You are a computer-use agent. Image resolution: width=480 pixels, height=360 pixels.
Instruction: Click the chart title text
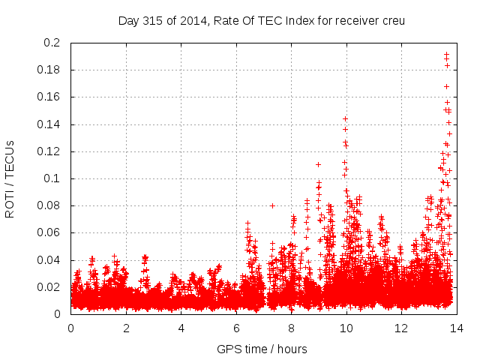pyautogui.click(x=261, y=20)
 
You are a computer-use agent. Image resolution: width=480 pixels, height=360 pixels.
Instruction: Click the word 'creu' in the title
pyautogui.click(x=392, y=20)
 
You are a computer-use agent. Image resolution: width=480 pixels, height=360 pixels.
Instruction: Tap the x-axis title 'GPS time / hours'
pyautogui.click(x=261, y=349)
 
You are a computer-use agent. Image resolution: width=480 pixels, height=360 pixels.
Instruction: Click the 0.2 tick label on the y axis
pyautogui.click(x=52, y=43)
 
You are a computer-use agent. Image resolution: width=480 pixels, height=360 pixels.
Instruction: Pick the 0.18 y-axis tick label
pyautogui.click(x=49, y=70)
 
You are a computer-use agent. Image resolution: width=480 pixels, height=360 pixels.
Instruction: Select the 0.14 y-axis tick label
pyautogui.click(x=49, y=124)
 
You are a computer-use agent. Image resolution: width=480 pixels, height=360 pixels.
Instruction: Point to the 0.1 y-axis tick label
pyautogui.click(x=52, y=178)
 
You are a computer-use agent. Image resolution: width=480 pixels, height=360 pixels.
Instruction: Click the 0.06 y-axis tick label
pyautogui.click(x=49, y=233)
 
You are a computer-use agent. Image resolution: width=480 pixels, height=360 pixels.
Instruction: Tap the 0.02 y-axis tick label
pyautogui.click(x=49, y=287)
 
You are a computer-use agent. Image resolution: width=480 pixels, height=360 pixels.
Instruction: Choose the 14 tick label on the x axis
pyautogui.click(x=456, y=328)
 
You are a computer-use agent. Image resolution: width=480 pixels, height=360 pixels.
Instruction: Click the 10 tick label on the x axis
pyautogui.click(x=346, y=328)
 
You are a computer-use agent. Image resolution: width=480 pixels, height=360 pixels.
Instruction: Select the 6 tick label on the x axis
pyautogui.click(x=236, y=328)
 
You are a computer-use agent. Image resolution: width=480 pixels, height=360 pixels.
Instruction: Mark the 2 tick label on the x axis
pyautogui.click(x=126, y=328)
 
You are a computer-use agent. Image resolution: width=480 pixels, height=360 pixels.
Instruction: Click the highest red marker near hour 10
pyautogui.click(x=345, y=118)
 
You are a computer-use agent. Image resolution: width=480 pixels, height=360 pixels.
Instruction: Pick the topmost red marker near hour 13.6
pyautogui.click(x=446, y=54)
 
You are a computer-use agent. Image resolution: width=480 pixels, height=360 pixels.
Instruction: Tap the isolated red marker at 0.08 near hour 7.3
pyautogui.click(x=272, y=205)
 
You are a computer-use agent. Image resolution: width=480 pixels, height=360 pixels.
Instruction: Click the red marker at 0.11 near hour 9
pyautogui.click(x=318, y=164)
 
